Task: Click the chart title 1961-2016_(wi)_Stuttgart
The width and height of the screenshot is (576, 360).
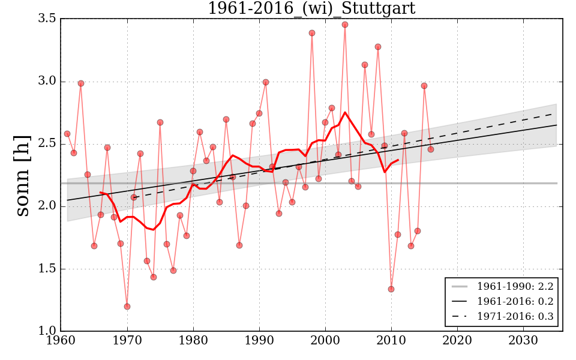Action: tap(311, 8)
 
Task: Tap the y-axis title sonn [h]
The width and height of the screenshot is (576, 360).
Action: tap(22, 175)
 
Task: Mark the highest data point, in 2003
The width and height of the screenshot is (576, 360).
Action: tap(345, 25)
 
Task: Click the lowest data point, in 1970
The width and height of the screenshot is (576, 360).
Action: tap(127, 307)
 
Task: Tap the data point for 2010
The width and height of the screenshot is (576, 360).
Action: tap(391, 289)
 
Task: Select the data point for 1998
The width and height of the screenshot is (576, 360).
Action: tap(312, 33)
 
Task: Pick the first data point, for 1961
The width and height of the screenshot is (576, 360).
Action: tap(67, 134)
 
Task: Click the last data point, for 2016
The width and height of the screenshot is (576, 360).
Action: tap(431, 149)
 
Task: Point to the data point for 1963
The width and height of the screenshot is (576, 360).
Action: tap(81, 83)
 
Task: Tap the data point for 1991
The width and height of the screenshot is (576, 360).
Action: tap(266, 82)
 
